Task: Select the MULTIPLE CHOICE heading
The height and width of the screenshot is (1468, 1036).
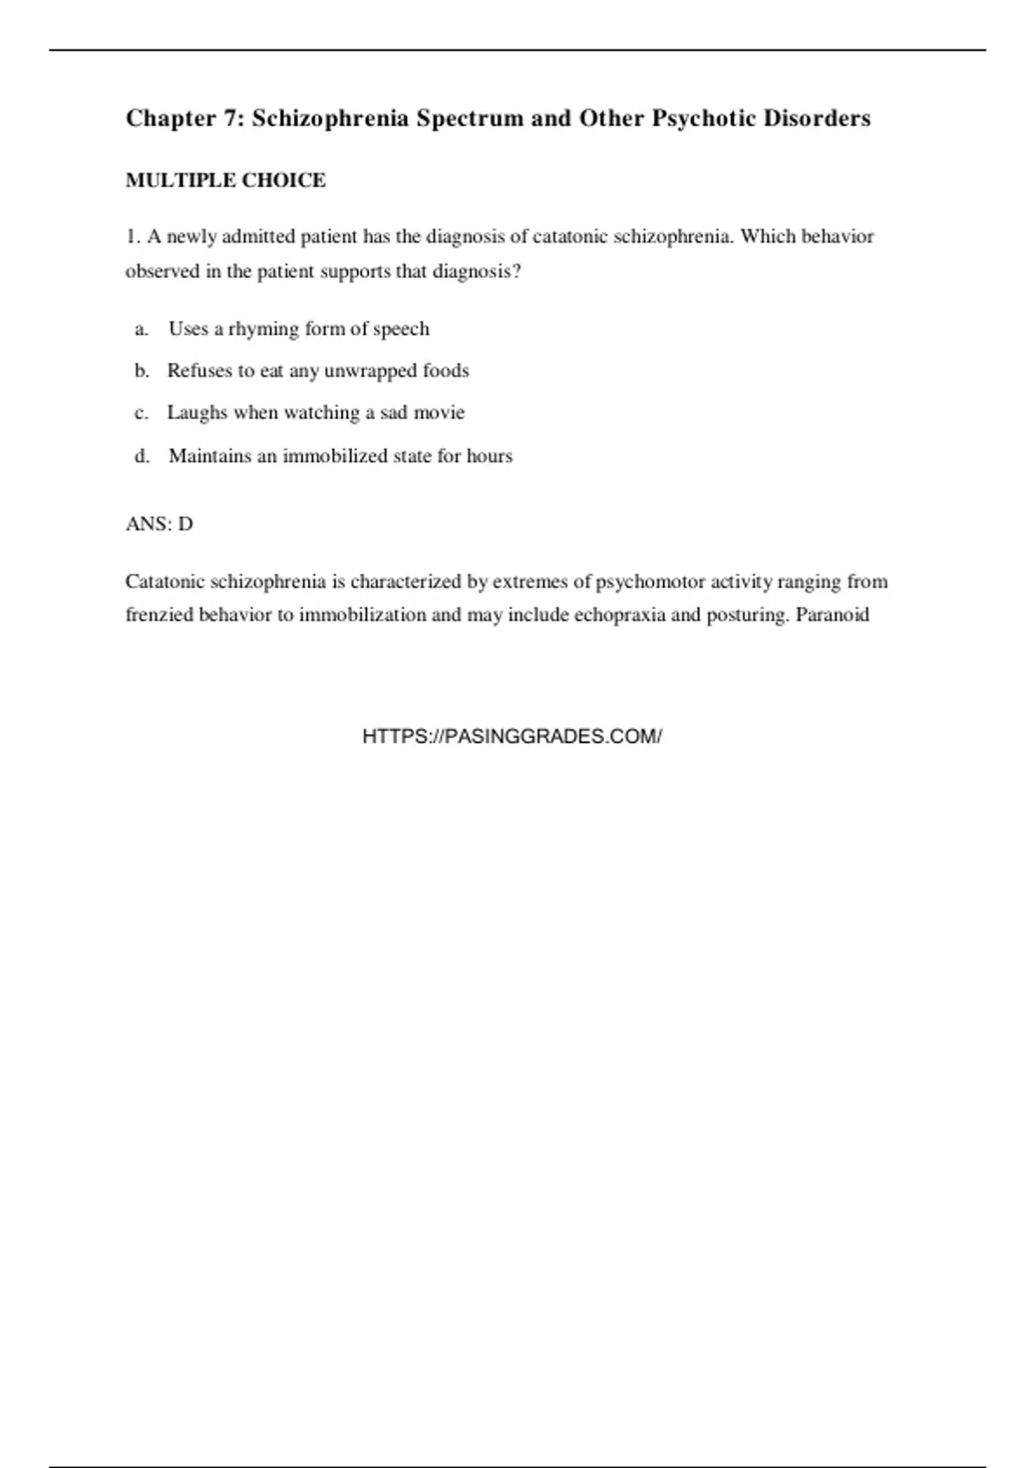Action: click(x=225, y=180)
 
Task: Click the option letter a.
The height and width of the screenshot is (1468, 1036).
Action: click(x=141, y=329)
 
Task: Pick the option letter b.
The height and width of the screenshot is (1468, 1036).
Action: click(x=142, y=370)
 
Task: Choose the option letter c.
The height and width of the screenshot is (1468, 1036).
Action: click(x=141, y=413)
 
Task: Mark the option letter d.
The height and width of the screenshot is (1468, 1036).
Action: click(x=142, y=456)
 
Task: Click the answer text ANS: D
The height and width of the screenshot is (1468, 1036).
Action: click(x=159, y=524)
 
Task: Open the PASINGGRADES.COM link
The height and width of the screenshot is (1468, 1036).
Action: click(x=512, y=737)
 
